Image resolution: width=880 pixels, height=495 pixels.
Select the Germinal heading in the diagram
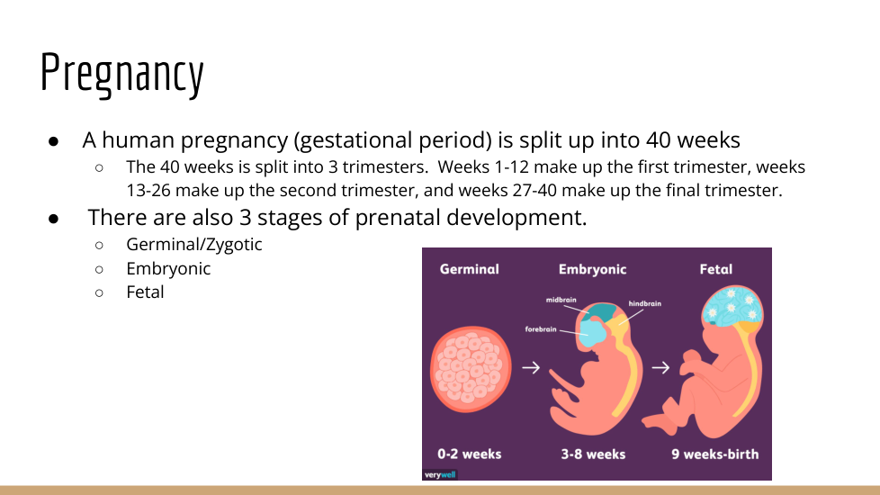click(469, 269)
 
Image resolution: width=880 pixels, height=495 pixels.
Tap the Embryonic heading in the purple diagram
click(592, 269)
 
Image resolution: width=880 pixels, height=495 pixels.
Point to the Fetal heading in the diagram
click(715, 269)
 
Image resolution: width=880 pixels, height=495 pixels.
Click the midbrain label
click(561, 300)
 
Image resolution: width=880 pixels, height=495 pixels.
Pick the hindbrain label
click(645, 303)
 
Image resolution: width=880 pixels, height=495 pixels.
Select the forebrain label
click(541, 328)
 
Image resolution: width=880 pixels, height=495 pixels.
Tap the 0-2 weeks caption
click(469, 454)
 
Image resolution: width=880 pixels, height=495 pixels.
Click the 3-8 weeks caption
click(593, 454)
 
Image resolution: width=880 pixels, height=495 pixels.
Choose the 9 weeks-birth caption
click(715, 454)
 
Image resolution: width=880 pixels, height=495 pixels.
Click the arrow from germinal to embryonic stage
click(531, 367)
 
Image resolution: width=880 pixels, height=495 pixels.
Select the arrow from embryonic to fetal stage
click(660, 367)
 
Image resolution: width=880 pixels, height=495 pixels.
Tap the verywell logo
click(440, 475)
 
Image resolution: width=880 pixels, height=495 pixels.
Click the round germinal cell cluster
click(471, 369)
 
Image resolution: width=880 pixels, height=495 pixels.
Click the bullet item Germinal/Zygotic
click(193, 245)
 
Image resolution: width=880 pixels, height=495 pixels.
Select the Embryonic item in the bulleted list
click(168, 269)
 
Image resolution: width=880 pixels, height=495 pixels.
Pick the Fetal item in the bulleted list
click(145, 292)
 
